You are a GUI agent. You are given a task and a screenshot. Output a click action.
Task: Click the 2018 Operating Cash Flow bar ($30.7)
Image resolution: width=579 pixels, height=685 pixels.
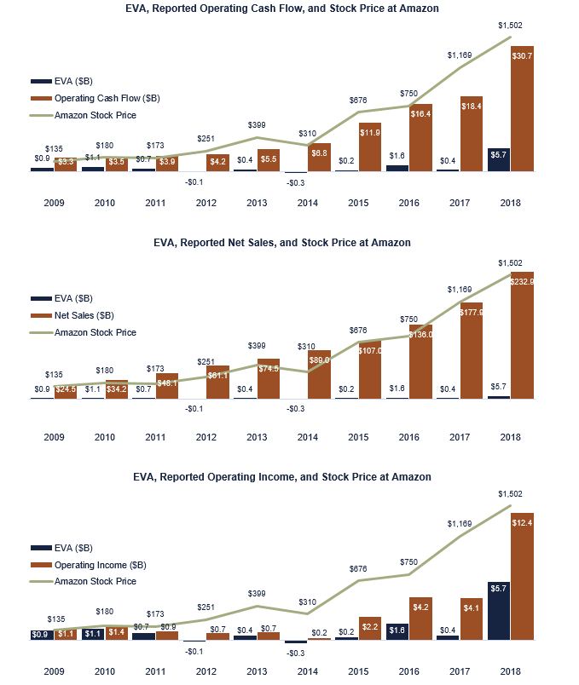point(523,109)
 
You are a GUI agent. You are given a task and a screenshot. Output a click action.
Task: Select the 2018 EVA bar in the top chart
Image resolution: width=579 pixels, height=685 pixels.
point(499,160)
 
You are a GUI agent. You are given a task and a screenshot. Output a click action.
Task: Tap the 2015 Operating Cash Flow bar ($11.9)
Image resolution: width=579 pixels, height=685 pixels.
point(370,147)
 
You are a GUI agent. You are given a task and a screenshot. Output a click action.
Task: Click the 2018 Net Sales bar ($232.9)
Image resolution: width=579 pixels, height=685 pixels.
point(523,335)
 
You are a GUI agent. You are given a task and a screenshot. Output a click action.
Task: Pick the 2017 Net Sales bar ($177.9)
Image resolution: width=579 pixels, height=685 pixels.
point(472,350)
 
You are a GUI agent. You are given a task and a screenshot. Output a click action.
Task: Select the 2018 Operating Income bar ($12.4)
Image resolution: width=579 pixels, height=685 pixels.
point(523,577)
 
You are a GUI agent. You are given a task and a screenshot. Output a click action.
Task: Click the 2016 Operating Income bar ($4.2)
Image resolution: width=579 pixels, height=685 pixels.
point(420,619)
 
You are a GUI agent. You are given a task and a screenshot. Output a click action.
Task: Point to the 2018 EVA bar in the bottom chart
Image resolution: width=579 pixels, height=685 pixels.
point(499,610)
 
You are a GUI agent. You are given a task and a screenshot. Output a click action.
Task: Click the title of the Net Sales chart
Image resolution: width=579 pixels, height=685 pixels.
point(282,243)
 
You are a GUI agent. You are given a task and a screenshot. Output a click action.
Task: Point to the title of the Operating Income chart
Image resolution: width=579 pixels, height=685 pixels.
point(282,476)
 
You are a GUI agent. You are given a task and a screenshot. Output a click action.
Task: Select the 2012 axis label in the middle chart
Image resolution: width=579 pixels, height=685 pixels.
point(206,437)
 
